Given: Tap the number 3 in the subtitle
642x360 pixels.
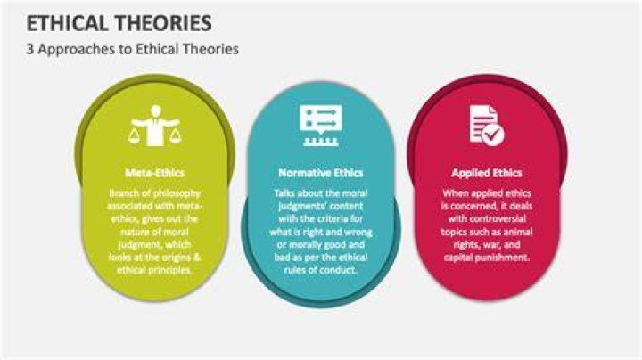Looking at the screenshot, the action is pos(30,49).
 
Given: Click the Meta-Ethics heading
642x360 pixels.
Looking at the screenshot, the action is pos(155,173).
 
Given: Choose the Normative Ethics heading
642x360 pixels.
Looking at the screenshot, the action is pos(321,173).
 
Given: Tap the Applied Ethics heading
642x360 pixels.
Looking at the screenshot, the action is pos(487,173).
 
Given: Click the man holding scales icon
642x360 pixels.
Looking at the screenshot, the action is pos(155,126).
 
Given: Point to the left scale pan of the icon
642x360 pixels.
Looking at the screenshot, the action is pos(135,136).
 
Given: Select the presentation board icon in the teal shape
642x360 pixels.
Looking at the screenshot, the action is pos(321,126).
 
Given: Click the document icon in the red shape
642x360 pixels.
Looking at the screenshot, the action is pos(487,125).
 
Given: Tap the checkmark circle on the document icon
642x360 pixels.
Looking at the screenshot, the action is pos(493,135).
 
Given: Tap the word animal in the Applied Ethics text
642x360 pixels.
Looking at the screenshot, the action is pos(518,232).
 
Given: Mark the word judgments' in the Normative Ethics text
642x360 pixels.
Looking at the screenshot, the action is pos(295,206).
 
